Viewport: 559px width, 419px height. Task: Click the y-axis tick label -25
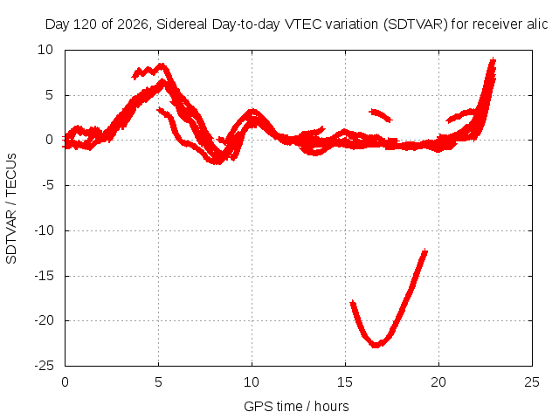click(45, 366)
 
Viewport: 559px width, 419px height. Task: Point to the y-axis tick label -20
click(45, 320)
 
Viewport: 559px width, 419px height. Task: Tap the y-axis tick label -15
click(45, 276)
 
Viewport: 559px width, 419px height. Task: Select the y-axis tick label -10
click(45, 230)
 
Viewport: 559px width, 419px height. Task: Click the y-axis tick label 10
click(45, 50)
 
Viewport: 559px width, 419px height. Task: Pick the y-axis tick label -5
click(47, 185)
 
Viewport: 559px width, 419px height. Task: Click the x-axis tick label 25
click(532, 382)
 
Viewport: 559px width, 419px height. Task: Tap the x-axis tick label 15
click(345, 382)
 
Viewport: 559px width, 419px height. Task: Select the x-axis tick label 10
click(252, 382)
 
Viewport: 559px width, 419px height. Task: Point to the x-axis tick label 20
click(438, 382)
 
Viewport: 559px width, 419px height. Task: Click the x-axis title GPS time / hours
click(296, 407)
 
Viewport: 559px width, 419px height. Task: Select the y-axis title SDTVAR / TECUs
click(11, 209)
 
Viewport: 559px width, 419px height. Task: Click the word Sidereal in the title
click(182, 24)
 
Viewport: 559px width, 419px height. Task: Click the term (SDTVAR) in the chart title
click(416, 24)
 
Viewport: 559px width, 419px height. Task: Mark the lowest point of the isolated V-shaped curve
click(376, 345)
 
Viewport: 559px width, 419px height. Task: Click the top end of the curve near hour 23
click(493, 59)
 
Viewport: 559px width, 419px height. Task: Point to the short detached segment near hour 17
click(381, 115)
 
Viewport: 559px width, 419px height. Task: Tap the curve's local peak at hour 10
click(252, 113)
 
